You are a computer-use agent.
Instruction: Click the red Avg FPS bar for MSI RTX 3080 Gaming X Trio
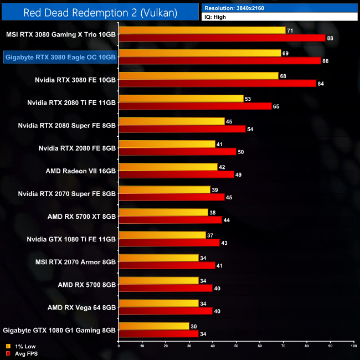point(222,38)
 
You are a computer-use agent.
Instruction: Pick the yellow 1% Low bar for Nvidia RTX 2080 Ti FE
point(181,99)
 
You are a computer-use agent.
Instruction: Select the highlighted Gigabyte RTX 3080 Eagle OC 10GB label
point(60,56)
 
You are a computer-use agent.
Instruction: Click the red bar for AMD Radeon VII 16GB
point(176,174)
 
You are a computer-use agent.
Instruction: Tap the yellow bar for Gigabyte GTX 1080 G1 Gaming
point(153,326)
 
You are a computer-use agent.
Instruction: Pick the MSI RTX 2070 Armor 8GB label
point(77,261)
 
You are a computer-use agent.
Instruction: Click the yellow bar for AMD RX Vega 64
point(158,303)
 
